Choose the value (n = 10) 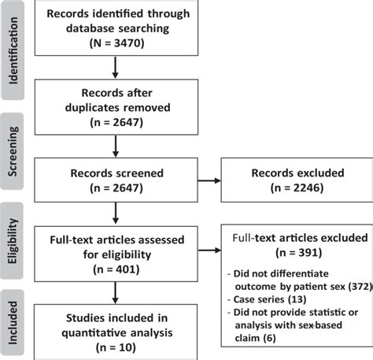(x=116, y=344)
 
